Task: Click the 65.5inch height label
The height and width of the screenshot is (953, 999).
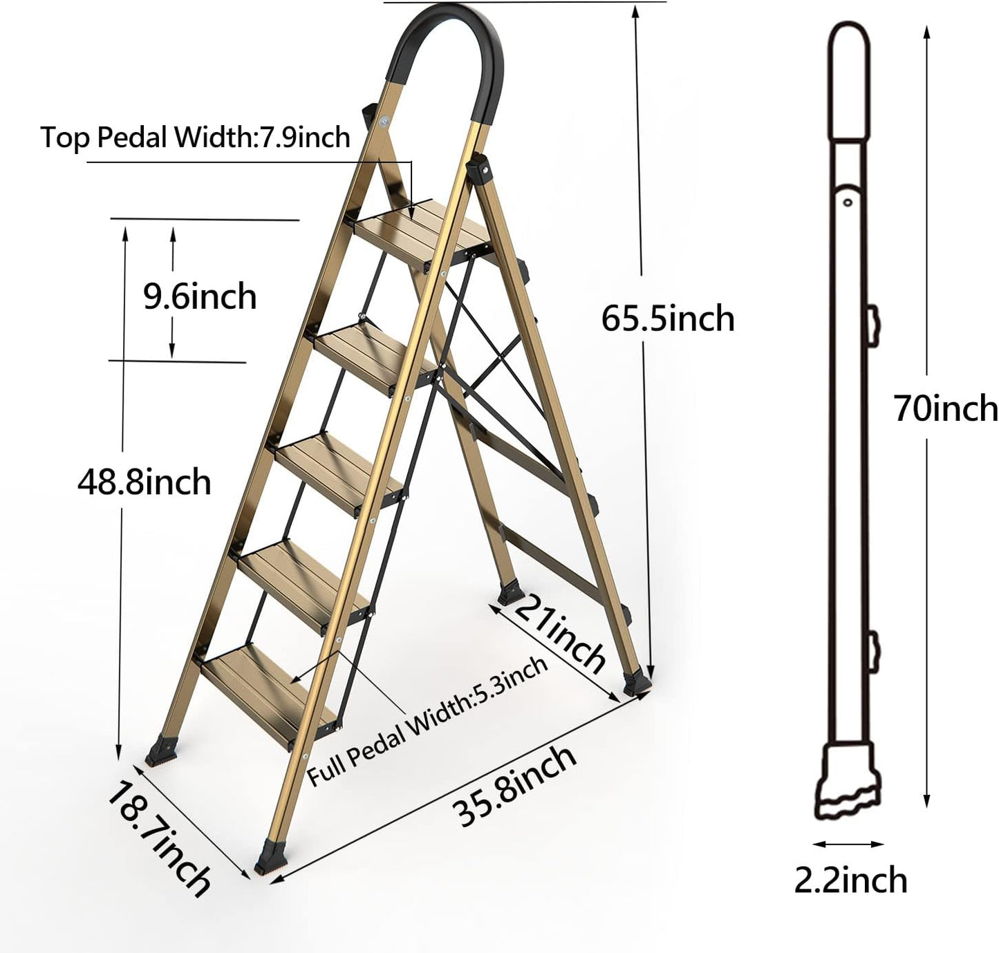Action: click(x=667, y=319)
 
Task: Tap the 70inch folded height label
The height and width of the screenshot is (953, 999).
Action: click(x=946, y=408)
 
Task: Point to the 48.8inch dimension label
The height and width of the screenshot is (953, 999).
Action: click(x=144, y=482)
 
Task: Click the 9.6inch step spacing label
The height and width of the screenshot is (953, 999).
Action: click(x=199, y=296)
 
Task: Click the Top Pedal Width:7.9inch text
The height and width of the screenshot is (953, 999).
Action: click(x=195, y=137)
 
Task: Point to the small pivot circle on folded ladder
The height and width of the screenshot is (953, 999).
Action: click(x=847, y=202)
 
